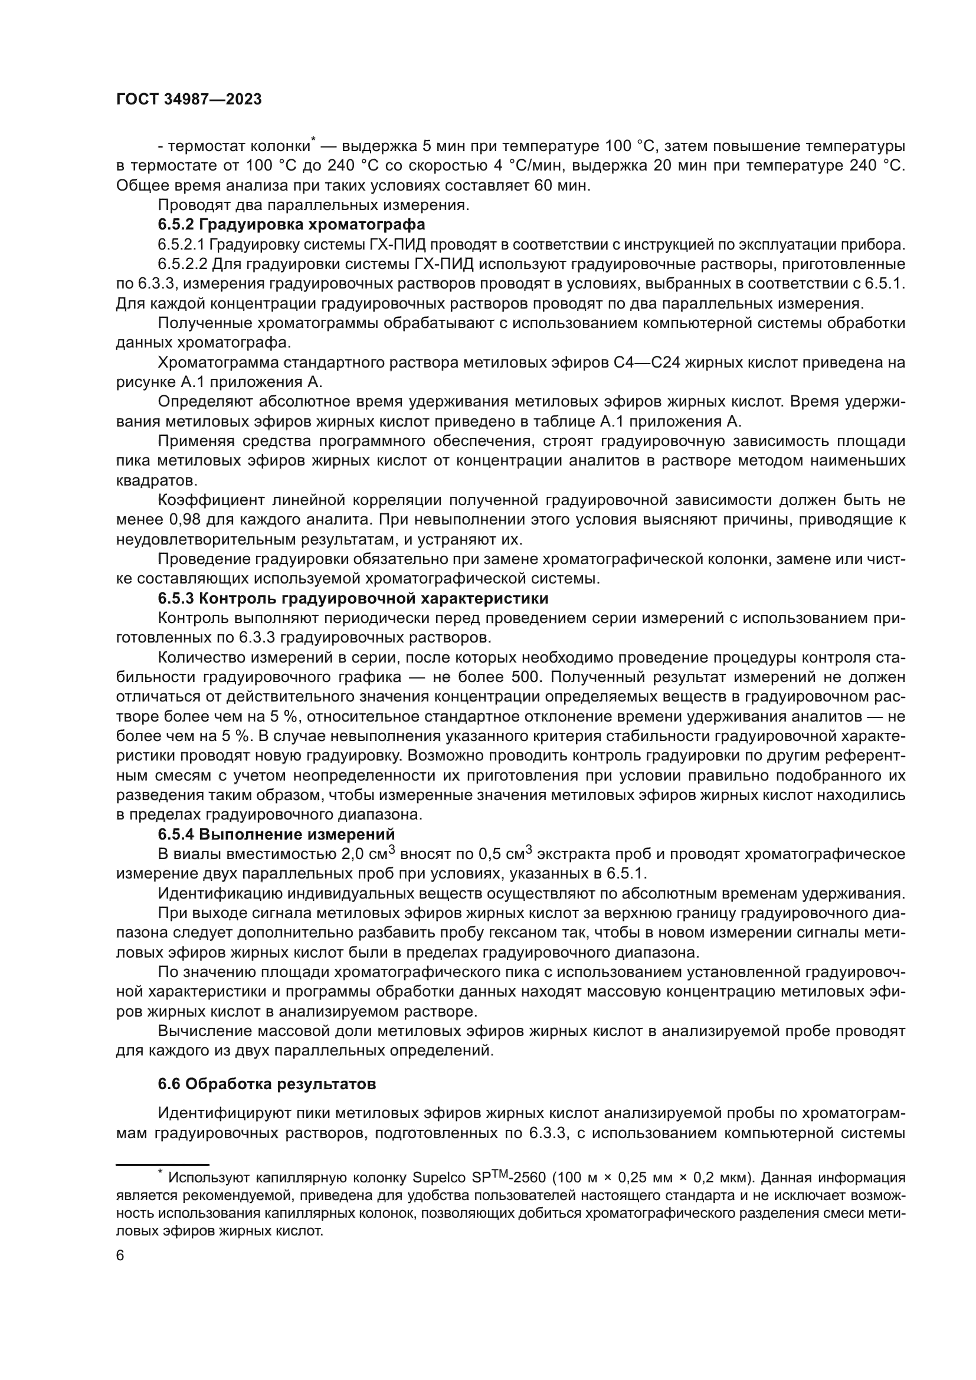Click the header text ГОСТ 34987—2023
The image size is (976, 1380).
pos(189,100)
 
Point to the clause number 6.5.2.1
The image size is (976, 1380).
pos(182,245)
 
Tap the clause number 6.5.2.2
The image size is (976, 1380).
pos(182,264)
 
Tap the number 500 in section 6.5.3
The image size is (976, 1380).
pos(527,677)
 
